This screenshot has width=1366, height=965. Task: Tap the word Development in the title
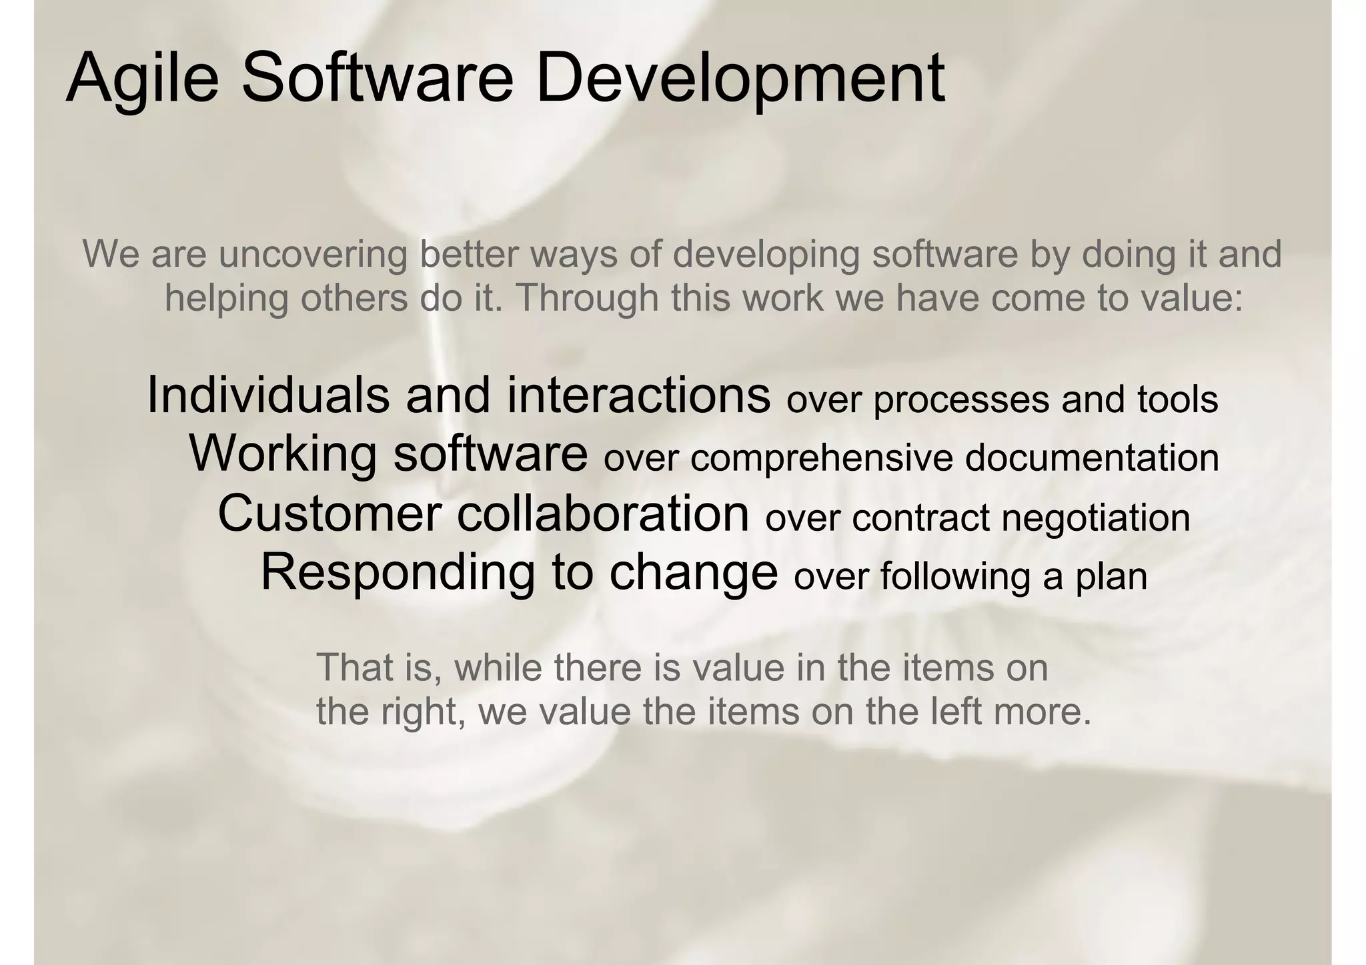click(740, 79)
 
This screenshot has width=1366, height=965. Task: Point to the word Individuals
click(267, 395)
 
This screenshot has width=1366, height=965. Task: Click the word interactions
click(638, 395)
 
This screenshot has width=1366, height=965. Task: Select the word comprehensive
click(822, 459)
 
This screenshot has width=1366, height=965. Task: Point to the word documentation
click(1092, 458)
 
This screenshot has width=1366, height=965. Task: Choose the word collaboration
click(603, 513)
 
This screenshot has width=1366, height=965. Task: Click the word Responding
click(398, 572)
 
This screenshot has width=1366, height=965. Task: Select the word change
click(693, 572)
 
